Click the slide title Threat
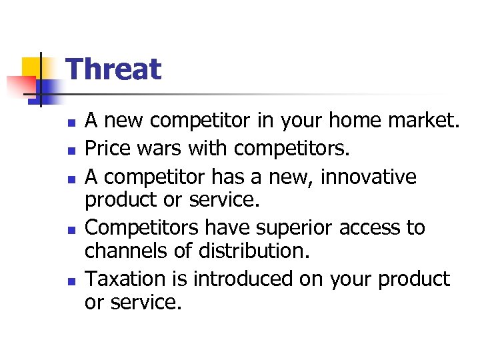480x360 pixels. pyautogui.click(x=114, y=69)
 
